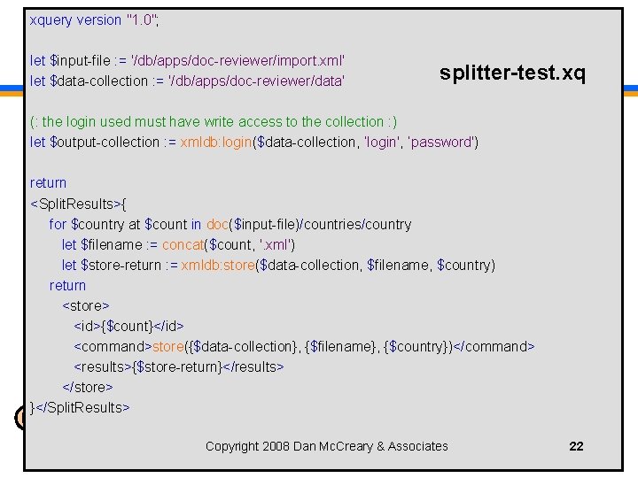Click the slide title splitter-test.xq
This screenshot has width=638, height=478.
pos(512,73)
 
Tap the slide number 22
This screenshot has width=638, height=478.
pos(576,446)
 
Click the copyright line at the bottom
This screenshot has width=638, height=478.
pos(327,446)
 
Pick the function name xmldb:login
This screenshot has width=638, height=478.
pos(215,142)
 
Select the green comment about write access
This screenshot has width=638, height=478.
pos(214,121)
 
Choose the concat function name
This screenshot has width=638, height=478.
pos(183,244)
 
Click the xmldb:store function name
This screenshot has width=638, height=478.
pos(217,265)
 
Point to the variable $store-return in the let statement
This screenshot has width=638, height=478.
pos(121,265)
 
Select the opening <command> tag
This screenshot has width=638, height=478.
pos(113,346)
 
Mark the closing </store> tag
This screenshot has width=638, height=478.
pos(88,387)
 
